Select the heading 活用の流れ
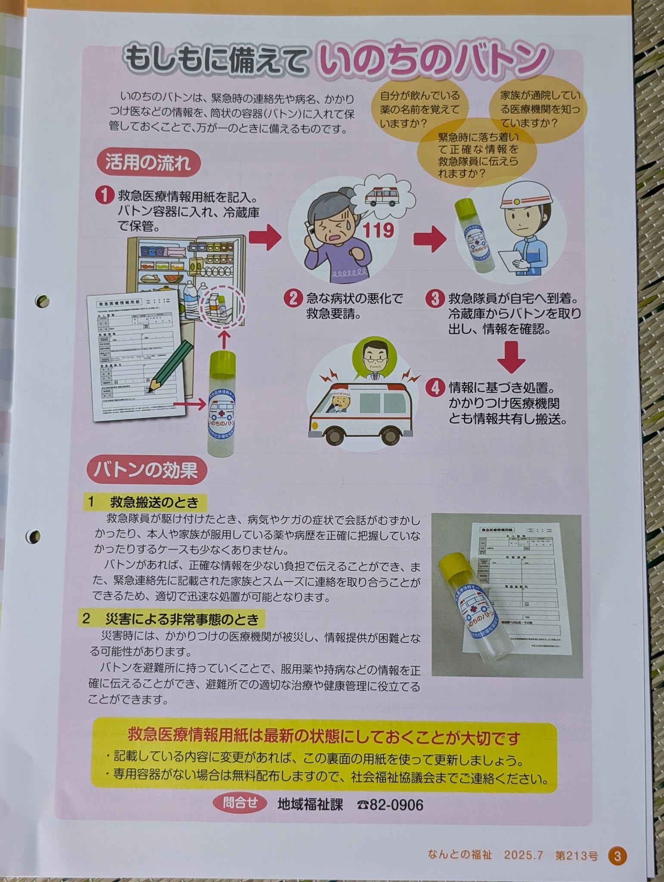[x=147, y=164]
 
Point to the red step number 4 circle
[x=435, y=388]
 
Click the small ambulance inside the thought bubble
[x=382, y=197]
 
